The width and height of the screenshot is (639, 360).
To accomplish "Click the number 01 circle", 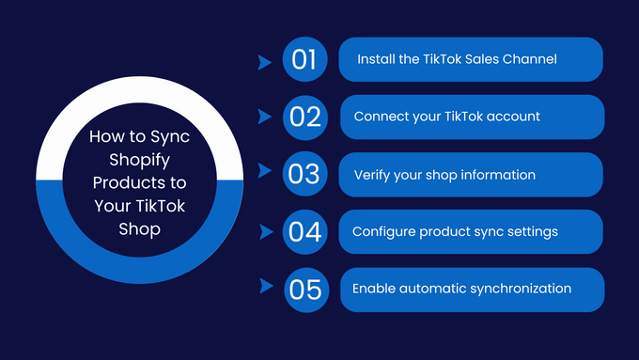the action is tap(304, 60).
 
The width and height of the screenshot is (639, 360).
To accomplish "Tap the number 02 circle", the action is tap(304, 117).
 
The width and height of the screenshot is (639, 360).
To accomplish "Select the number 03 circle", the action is tap(304, 175).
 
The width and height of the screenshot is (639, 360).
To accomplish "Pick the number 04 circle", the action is tap(304, 232).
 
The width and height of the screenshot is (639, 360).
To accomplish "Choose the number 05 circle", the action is tap(304, 290).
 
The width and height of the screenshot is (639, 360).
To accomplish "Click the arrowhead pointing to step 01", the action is tap(265, 61).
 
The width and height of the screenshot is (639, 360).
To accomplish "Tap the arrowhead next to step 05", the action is tap(265, 286).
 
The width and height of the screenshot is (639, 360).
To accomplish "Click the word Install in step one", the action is tap(374, 59).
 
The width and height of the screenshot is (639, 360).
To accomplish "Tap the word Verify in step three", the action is tap(372, 175).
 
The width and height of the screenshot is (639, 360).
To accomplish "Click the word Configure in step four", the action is tap(384, 232).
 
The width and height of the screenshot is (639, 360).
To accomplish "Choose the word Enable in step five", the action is tap(373, 289).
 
